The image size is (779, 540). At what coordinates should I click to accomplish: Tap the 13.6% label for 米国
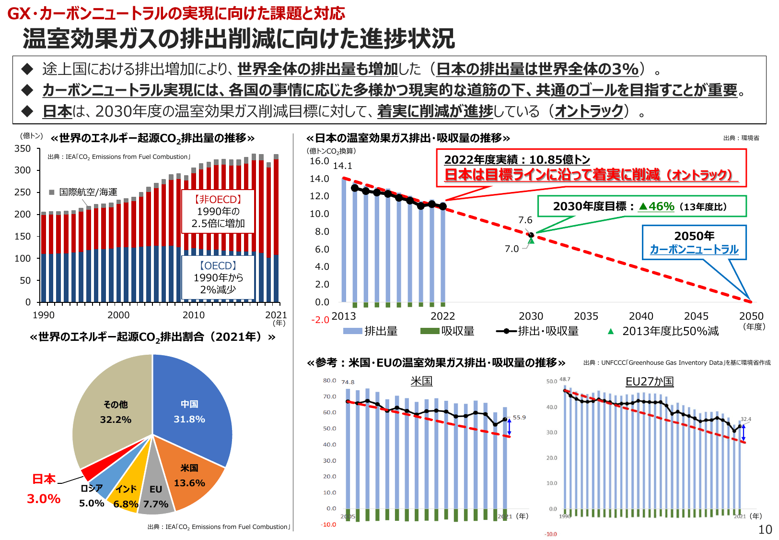point(189,483)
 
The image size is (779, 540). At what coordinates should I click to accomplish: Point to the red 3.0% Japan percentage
point(44,499)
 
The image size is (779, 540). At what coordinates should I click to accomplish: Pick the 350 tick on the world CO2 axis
point(23,149)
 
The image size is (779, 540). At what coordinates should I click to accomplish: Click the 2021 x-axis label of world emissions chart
point(276,315)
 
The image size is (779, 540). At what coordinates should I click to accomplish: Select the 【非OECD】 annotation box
point(218,211)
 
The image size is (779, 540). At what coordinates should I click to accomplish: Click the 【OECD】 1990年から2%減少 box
point(218,277)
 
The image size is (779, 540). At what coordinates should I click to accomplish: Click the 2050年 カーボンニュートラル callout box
point(694,242)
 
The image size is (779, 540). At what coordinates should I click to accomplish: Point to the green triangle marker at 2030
point(531,240)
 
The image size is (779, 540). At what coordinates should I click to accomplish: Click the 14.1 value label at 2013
point(342,166)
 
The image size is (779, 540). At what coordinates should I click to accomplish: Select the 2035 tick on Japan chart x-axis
point(586,316)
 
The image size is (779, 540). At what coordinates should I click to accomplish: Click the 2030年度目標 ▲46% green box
point(641,206)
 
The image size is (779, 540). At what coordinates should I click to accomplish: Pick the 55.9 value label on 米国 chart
point(519,418)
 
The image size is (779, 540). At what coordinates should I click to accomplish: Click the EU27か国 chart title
point(650,382)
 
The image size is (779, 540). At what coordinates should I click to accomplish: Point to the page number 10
point(765,529)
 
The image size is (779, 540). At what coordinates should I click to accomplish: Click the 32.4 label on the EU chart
point(745,419)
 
